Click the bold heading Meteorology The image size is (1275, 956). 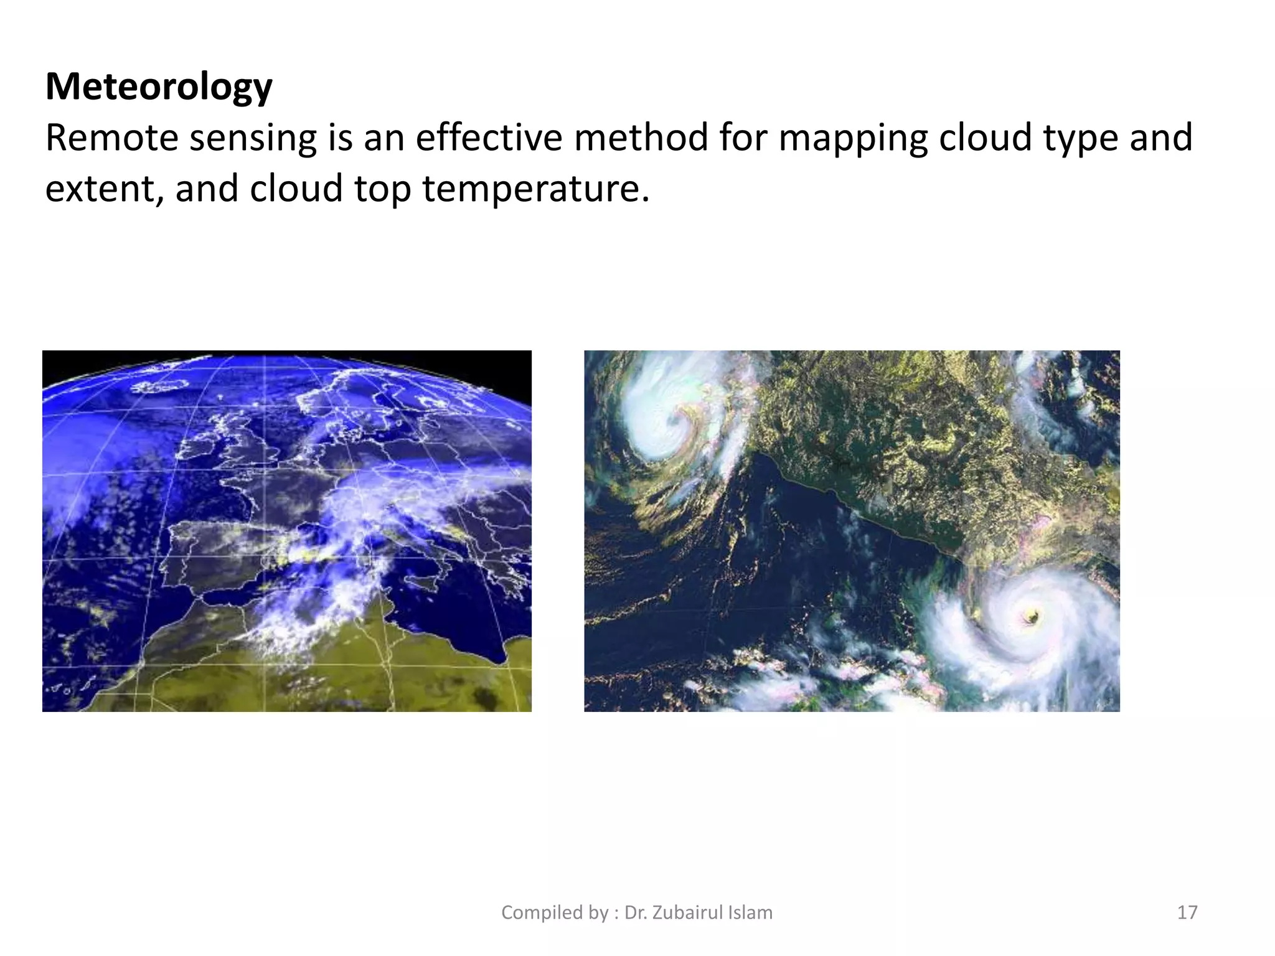(x=159, y=87)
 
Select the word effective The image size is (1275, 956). (x=489, y=138)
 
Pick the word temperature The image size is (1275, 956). (x=536, y=189)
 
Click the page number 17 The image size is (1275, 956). (x=1187, y=912)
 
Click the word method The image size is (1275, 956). (x=641, y=138)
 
